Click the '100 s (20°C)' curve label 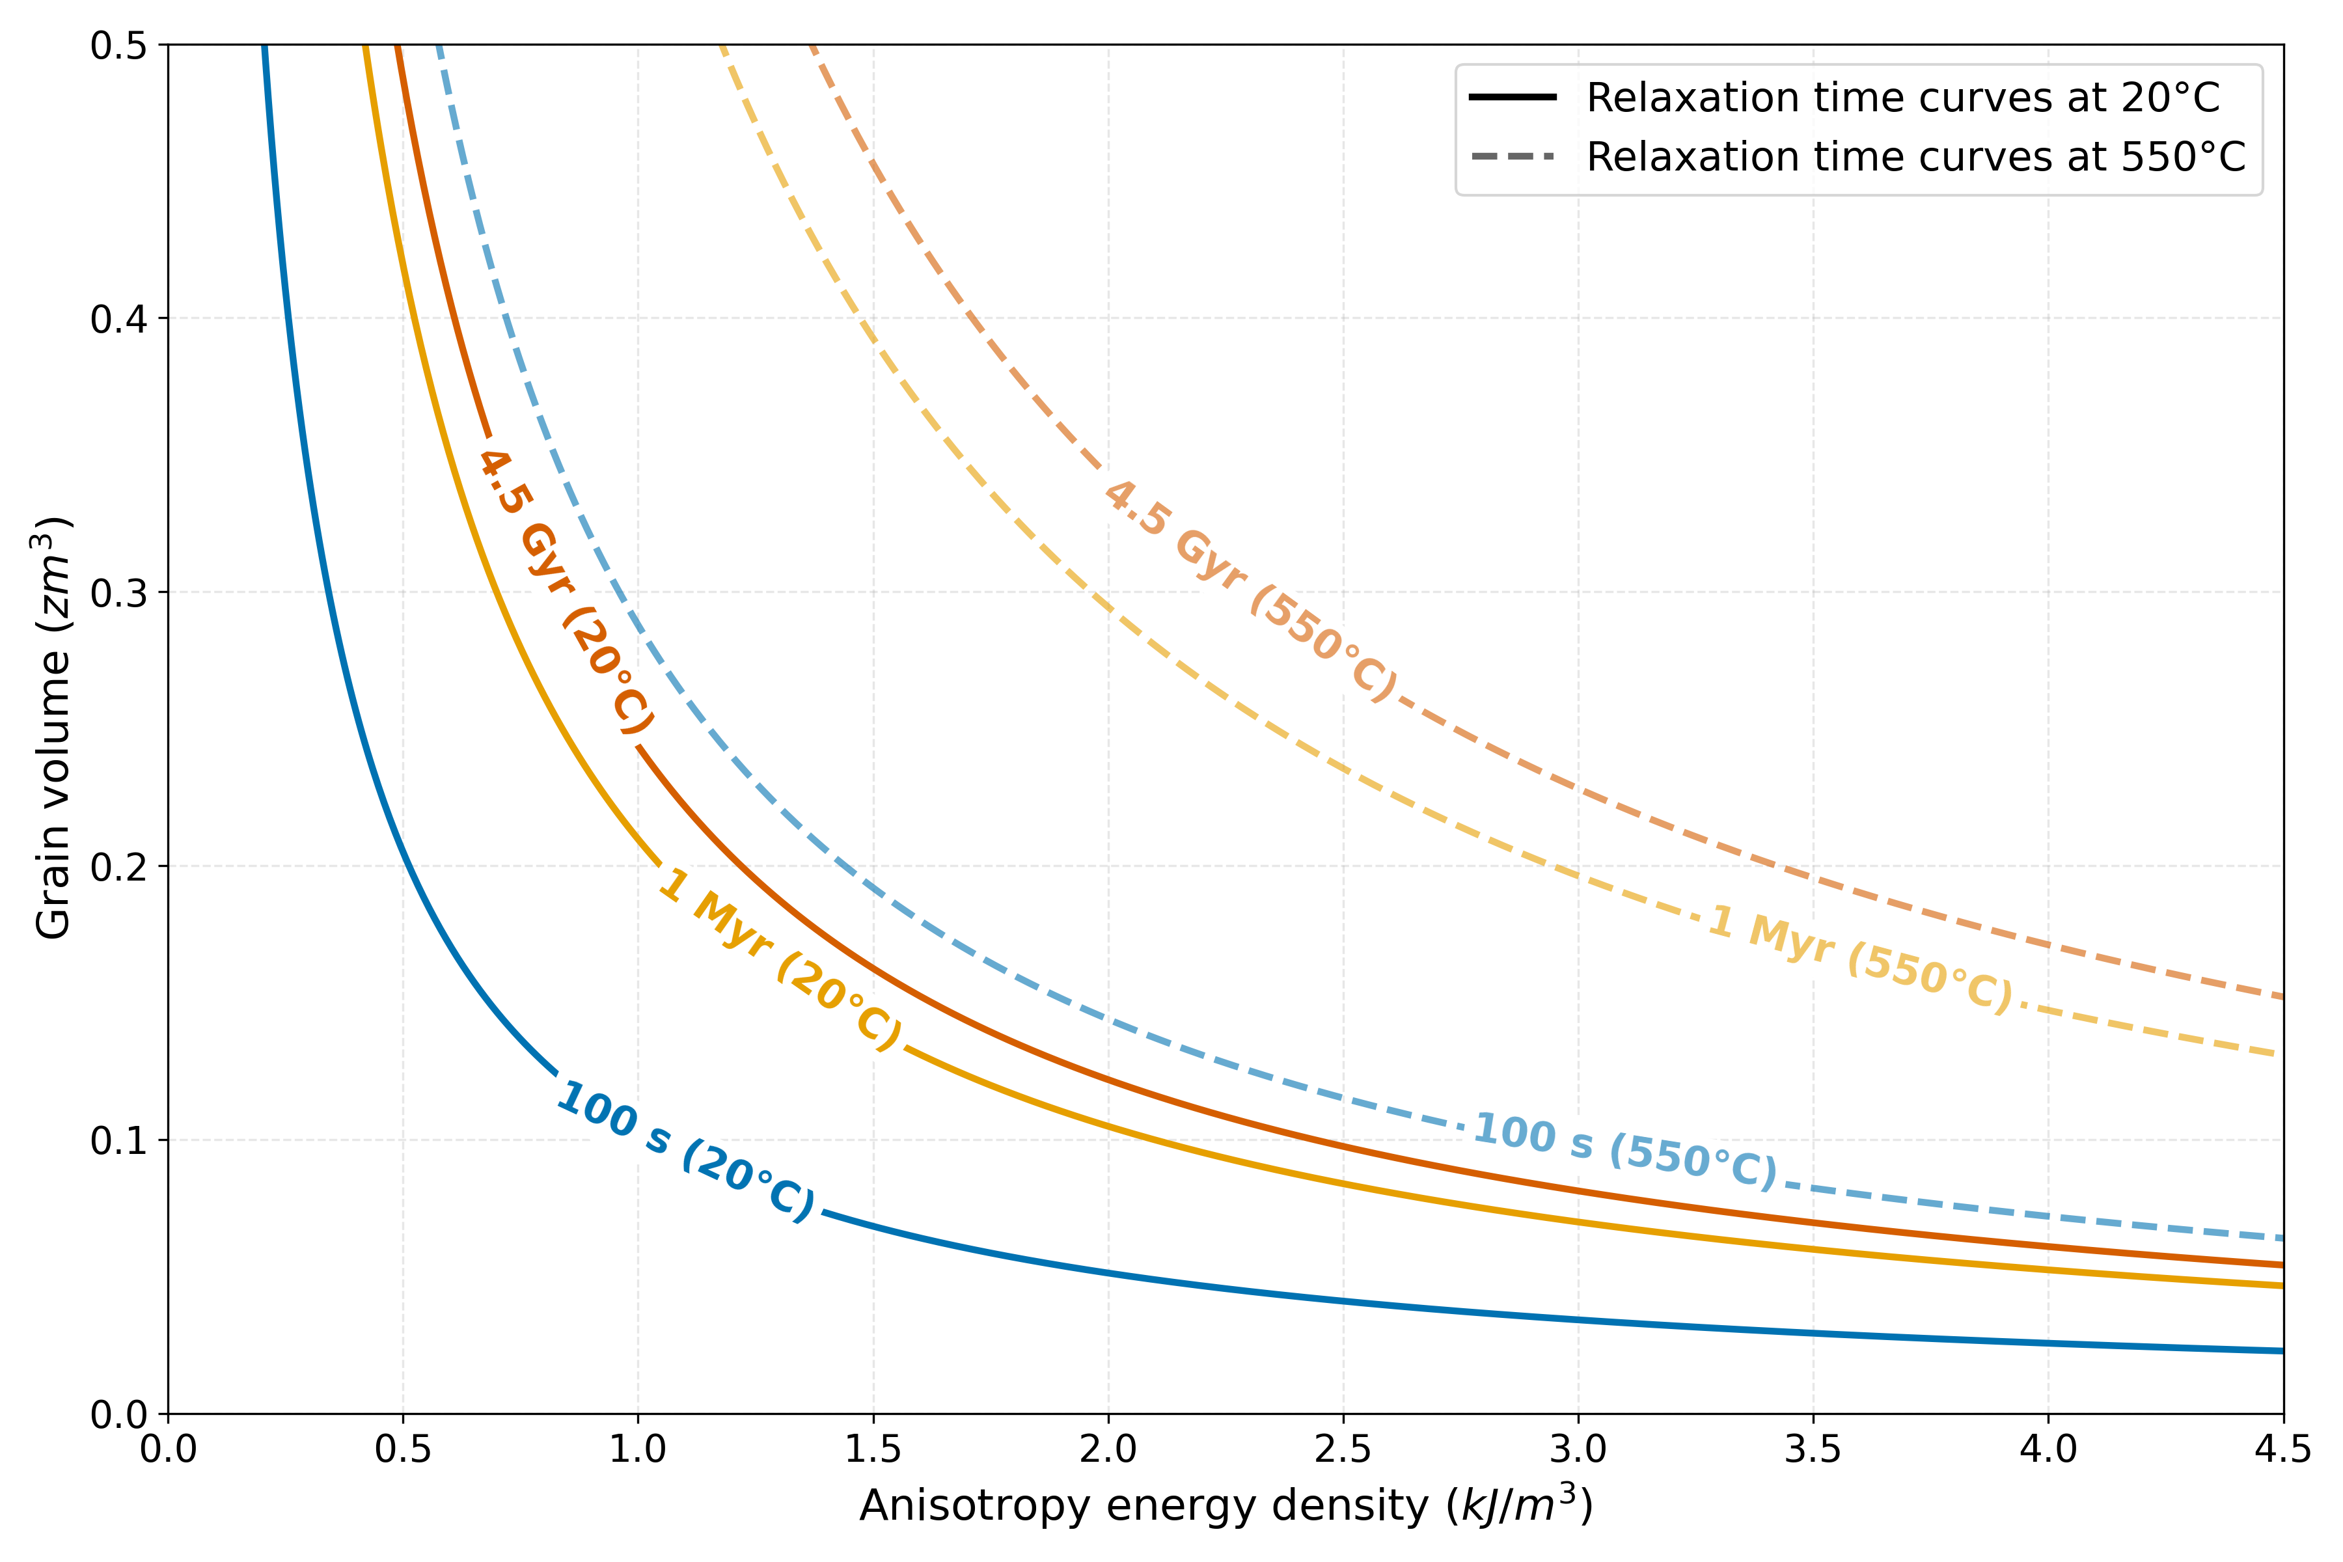click(685, 1151)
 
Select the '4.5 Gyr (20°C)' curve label click(566, 592)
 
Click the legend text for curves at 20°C click(1902, 98)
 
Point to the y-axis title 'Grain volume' click(53, 727)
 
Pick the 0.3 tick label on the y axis click(118, 593)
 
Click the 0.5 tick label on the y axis click(118, 46)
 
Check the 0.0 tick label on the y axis click(118, 1414)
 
